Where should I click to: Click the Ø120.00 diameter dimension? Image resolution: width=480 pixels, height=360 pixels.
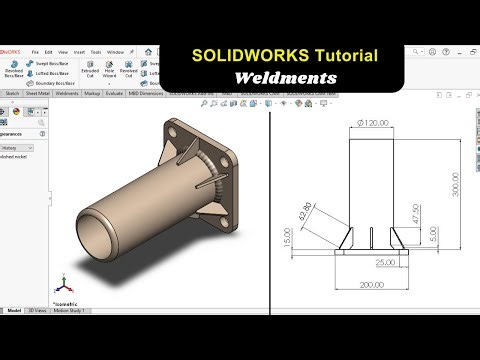pyautogui.click(x=371, y=123)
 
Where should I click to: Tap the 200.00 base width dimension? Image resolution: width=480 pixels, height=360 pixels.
pyautogui.click(x=372, y=285)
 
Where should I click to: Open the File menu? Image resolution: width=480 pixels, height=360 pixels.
pyautogui.click(x=35, y=51)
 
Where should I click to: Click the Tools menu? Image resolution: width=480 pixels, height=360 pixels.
pyautogui.click(x=95, y=51)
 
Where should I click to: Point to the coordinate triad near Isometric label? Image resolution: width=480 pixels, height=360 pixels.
pyautogui.click(x=60, y=284)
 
